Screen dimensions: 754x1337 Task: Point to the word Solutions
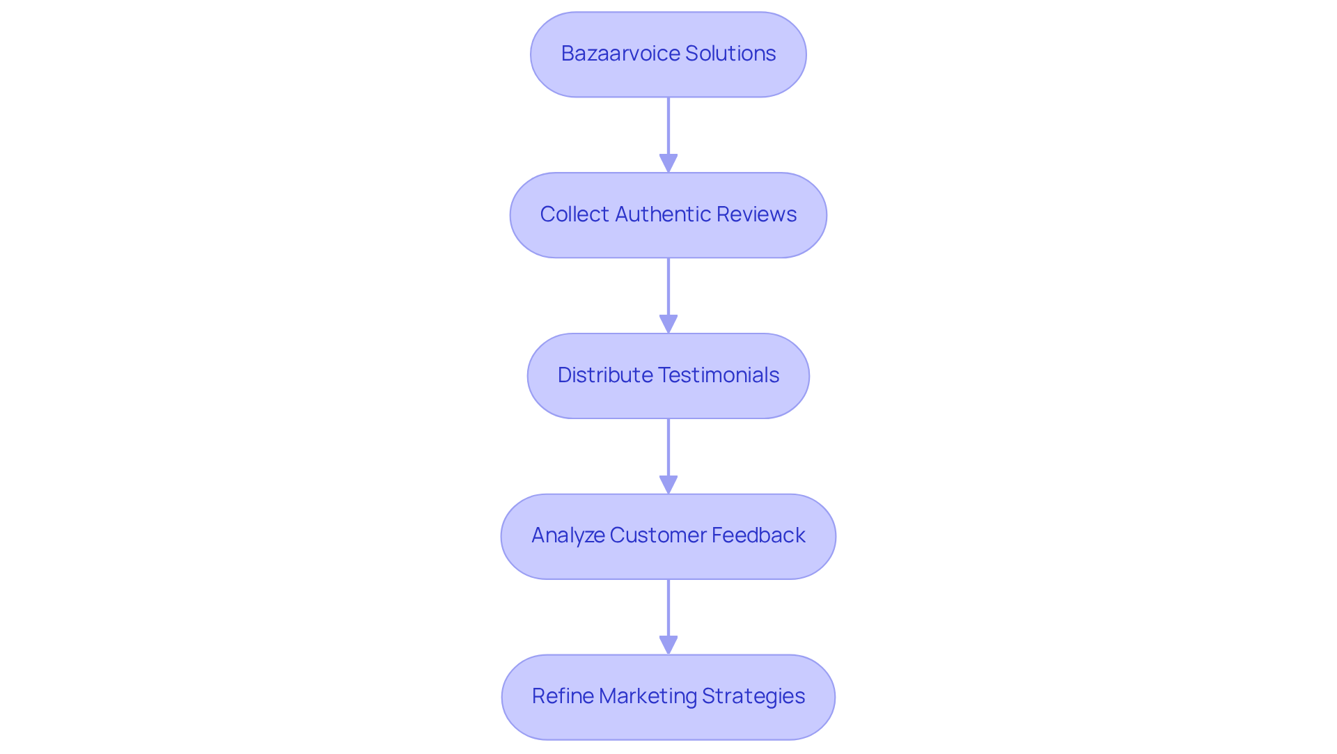click(x=730, y=54)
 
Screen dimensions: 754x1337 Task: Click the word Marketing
click(x=648, y=696)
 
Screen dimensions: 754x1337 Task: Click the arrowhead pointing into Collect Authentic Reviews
click(x=668, y=163)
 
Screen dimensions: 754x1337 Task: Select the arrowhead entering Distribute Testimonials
click(x=668, y=324)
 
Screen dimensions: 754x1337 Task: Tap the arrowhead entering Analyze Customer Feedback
click(x=668, y=485)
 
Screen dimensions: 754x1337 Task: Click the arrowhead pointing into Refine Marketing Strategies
click(x=668, y=645)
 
